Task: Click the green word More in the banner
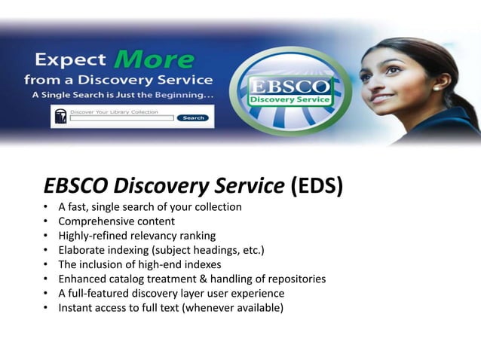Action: pos(155,58)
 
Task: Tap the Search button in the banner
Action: pos(193,118)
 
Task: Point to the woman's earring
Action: pos(437,88)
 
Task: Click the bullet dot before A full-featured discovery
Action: pos(46,294)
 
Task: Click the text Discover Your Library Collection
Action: pos(114,111)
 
